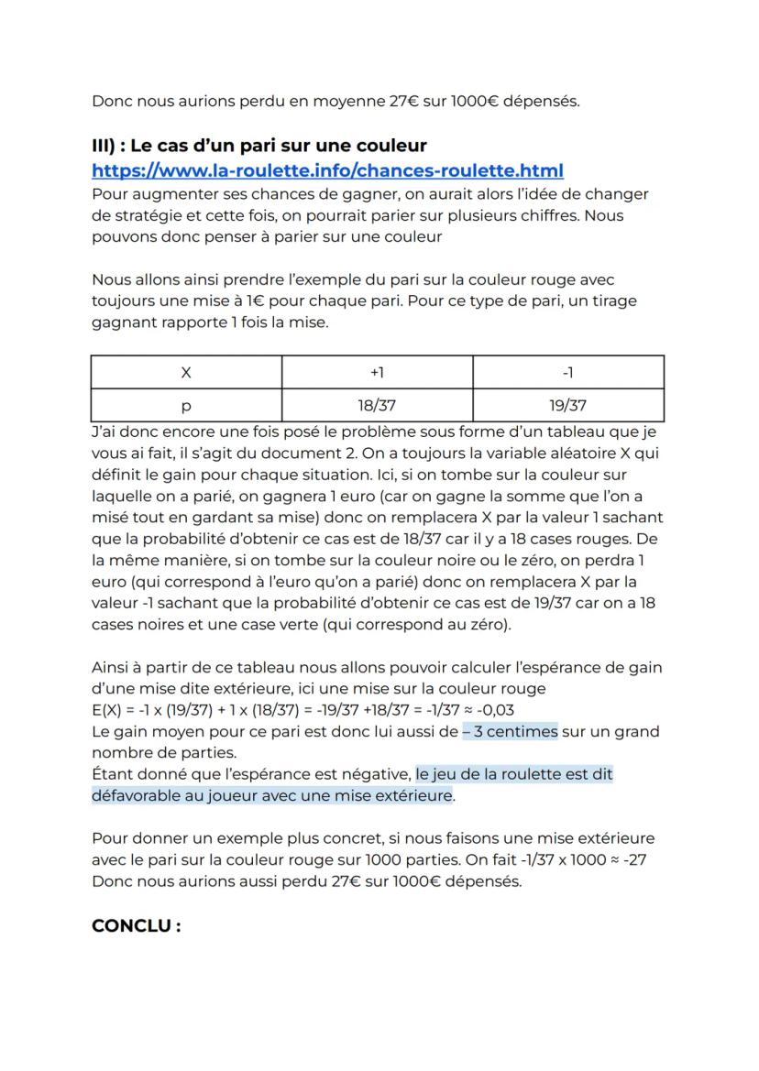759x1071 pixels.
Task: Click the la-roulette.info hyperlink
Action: pyautogui.click(x=327, y=170)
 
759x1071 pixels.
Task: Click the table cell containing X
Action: pyautogui.click(x=186, y=373)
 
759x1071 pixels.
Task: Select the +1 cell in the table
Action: pyautogui.click(x=377, y=373)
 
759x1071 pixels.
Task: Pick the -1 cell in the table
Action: pyautogui.click(x=567, y=373)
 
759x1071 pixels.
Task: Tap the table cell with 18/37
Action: pyautogui.click(x=377, y=405)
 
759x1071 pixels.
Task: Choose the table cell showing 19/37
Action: pyautogui.click(x=567, y=405)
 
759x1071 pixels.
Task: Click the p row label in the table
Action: pyautogui.click(x=186, y=405)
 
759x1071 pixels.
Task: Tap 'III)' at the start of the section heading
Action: pyautogui.click(x=107, y=147)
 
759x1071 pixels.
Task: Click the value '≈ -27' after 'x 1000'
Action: pyautogui.click(x=643, y=861)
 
